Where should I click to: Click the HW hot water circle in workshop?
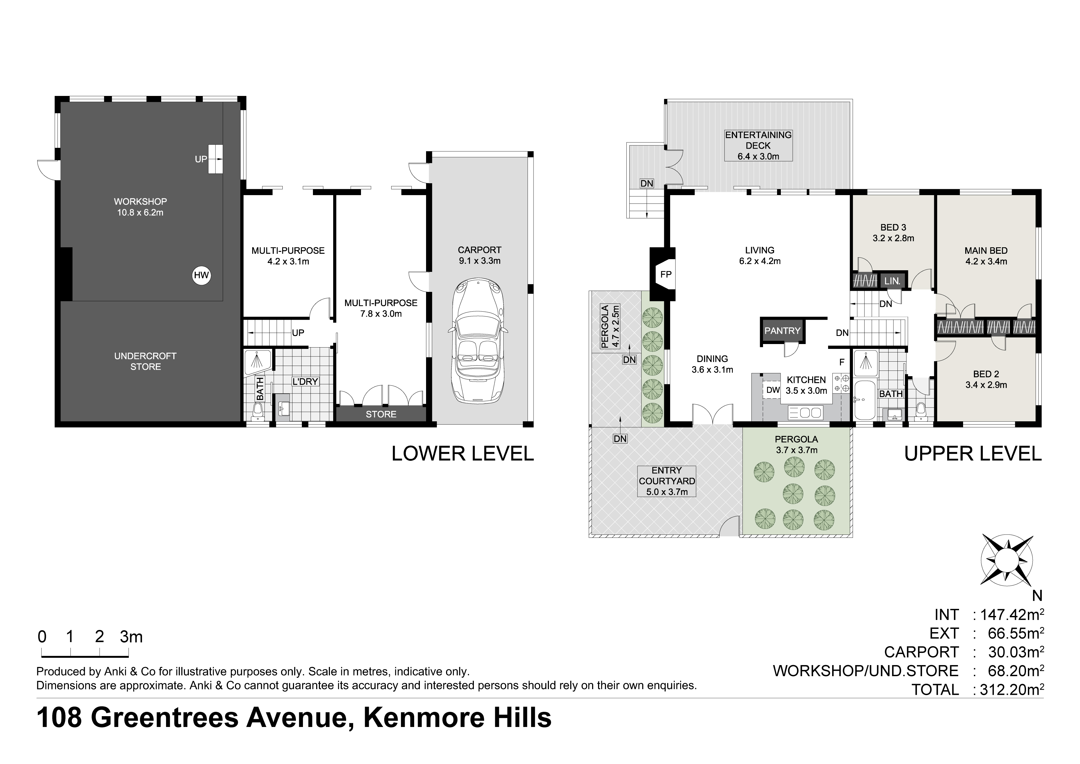point(201,275)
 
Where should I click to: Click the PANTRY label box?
point(782,331)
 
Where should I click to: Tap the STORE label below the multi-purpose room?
point(381,414)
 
